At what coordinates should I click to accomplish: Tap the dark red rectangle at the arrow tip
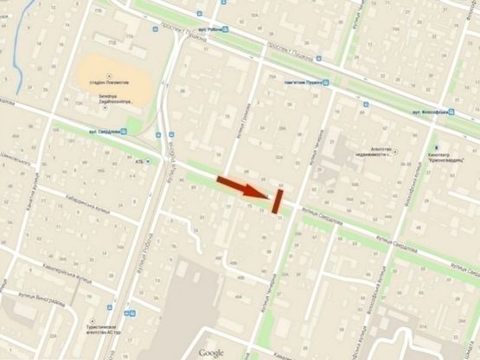click(277, 201)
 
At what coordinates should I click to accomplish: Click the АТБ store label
click(139, 160)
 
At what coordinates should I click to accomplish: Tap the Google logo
click(211, 352)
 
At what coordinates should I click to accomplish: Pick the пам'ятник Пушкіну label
click(303, 83)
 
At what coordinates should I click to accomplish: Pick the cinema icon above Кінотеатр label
click(438, 147)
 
